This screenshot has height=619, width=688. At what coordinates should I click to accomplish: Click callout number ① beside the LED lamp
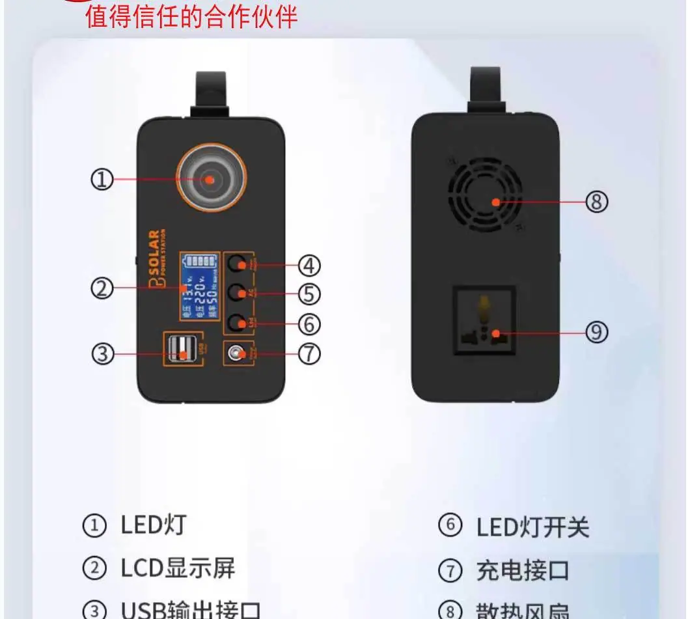coord(102,180)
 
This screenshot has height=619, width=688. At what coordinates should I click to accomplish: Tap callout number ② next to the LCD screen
coord(102,288)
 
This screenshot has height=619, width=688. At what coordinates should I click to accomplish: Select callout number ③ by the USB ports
coord(102,354)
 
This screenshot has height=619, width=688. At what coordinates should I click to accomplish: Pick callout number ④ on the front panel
coord(309,266)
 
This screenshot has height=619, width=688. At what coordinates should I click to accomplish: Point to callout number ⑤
coord(309,294)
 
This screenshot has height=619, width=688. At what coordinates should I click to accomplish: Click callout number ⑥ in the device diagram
coord(309,323)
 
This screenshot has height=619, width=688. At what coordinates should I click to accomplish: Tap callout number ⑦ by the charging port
coord(309,354)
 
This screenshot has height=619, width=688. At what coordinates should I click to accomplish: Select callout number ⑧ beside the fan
coord(596,202)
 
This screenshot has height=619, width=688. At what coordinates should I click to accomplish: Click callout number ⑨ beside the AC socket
coord(596,333)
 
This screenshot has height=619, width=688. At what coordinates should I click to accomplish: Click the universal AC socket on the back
coord(485,320)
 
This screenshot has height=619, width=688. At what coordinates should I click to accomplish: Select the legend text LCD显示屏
coord(178,568)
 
